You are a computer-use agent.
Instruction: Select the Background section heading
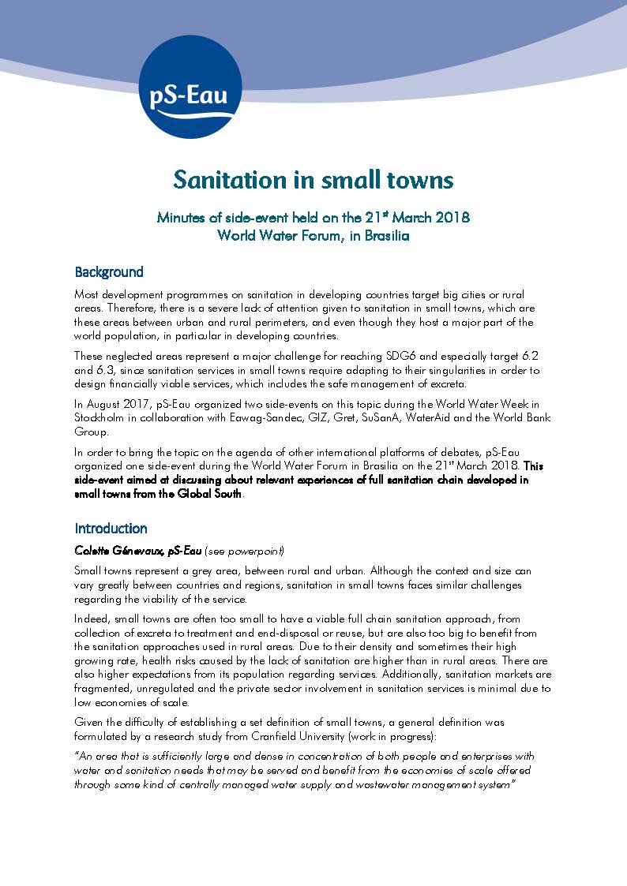pyautogui.click(x=109, y=272)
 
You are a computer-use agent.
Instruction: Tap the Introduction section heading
pyautogui.click(x=111, y=528)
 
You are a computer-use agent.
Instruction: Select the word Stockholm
pyautogui.click(x=101, y=417)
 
